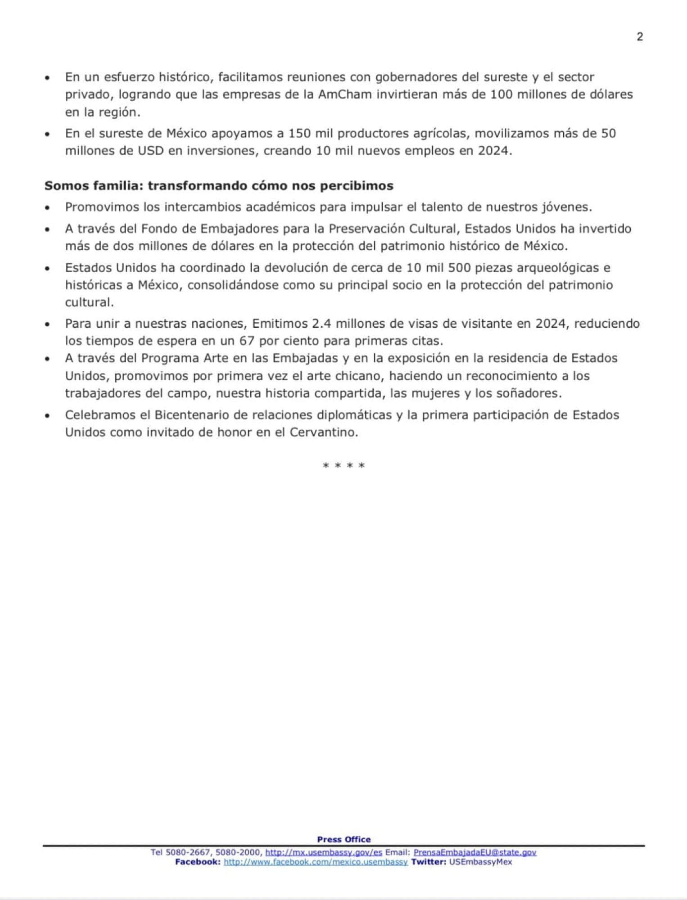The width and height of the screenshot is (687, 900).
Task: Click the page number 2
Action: click(x=640, y=37)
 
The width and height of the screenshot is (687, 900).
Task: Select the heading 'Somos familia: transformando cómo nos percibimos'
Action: click(x=219, y=186)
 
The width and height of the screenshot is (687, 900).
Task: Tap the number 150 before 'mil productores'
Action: click(x=299, y=134)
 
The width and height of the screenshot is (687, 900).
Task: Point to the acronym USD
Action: click(x=151, y=151)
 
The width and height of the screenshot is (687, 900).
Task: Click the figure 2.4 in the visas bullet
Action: click(x=322, y=324)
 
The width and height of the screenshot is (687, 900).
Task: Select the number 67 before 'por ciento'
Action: click(x=247, y=341)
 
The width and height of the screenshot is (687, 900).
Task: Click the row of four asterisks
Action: click(x=343, y=466)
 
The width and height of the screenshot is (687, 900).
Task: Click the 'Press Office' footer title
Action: click(x=343, y=839)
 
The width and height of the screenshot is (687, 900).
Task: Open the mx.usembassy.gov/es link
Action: click(x=323, y=852)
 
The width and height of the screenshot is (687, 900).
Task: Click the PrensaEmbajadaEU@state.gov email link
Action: click(x=475, y=852)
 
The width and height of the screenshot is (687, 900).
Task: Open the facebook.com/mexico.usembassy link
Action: click(x=315, y=862)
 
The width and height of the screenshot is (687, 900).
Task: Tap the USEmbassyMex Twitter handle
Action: click(x=480, y=862)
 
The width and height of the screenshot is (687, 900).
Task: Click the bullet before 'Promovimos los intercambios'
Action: click(x=47, y=208)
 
